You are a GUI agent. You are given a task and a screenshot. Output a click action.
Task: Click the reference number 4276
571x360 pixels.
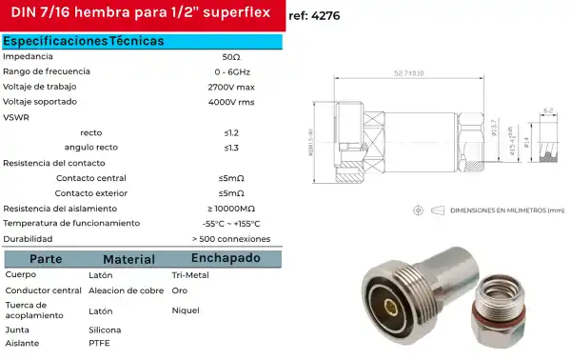pyautogui.click(x=339, y=15)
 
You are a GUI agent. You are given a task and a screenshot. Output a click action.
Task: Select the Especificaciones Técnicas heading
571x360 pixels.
pyautogui.click(x=83, y=42)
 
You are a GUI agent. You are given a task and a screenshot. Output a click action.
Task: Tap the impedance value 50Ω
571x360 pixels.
pyautogui.click(x=230, y=57)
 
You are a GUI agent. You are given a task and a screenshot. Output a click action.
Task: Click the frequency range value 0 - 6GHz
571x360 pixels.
pyautogui.click(x=230, y=72)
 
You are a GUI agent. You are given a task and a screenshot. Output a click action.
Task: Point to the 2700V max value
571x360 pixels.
pyautogui.click(x=230, y=87)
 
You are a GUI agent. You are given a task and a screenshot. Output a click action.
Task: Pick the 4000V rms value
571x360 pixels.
pyautogui.click(x=230, y=102)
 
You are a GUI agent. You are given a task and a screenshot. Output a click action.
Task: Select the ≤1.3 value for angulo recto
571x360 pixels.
pyautogui.click(x=230, y=148)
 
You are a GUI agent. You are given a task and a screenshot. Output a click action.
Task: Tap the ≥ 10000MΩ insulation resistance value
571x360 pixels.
pyautogui.click(x=230, y=209)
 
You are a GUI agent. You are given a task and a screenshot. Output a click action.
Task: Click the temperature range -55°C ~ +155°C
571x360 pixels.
pyautogui.click(x=230, y=223)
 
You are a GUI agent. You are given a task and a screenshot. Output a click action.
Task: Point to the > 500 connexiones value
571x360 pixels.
pyautogui.click(x=230, y=239)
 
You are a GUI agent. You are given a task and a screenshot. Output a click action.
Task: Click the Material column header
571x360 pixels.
pyautogui.click(x=128, y=259)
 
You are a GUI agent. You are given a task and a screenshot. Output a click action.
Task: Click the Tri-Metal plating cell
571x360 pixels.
pyautogui.click(x=189, y=274)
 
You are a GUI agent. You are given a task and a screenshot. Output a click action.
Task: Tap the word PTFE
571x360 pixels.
pyautogui.click(x=98, y=342)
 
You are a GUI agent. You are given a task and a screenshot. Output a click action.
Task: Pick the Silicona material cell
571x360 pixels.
pyautogui.click(x=104, y=328)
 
